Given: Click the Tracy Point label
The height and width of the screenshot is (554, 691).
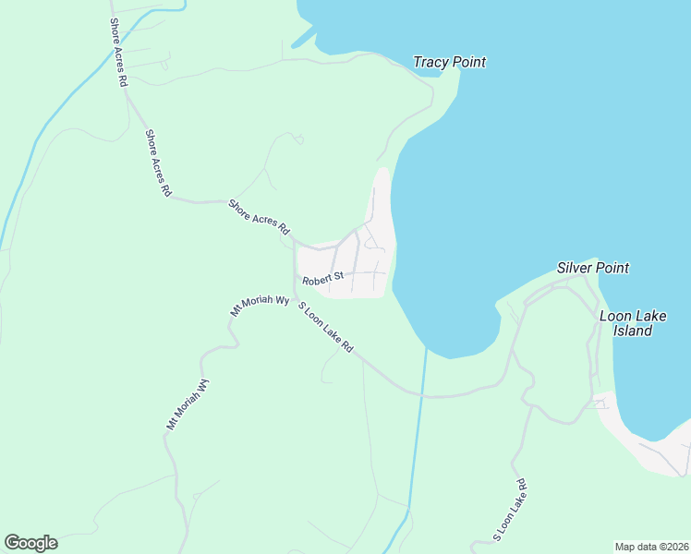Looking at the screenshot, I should click(x=449, y=62).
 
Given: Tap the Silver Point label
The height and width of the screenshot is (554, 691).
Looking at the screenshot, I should click(x=592, y=268).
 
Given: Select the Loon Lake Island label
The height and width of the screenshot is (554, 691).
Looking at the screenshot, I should click(x=633, y=323).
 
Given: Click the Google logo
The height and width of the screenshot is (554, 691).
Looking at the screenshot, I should click(x=30, y=543).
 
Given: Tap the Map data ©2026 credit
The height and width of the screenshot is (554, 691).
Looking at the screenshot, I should click(x=651, y=547).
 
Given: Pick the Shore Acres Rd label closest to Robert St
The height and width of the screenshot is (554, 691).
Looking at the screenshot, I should click(x=260, y=217).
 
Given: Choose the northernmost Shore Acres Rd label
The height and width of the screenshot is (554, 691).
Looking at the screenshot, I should click(x=117, y=52).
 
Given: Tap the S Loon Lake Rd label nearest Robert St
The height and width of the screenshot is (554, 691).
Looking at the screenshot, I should click(x=325, y=329).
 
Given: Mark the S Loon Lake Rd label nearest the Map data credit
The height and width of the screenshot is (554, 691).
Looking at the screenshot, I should click(x=509, y=509).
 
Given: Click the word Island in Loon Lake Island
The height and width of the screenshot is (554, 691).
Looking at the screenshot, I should click(x=633, y=331).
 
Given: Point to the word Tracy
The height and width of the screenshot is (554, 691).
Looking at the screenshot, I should click(x=430, y=62).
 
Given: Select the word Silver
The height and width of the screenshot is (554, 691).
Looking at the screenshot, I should click(x=575, y=268).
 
